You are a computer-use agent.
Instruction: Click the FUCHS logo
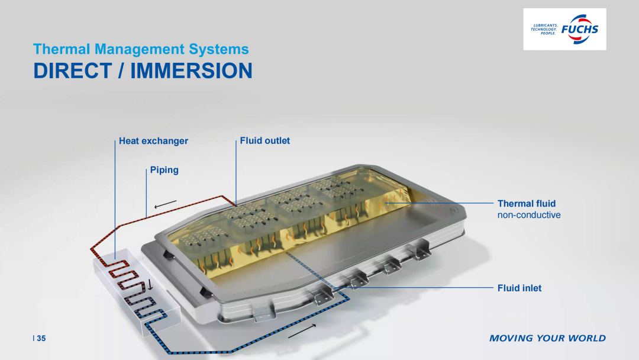pyautogui.click(x=564, y=29)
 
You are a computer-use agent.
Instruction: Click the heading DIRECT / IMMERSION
pyautogui.click(x=143, y=70)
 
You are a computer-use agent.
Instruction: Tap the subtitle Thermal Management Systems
pyautogui.click(x=141, y=49)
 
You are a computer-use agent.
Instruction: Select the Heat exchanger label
pyautogui.click(x=153, y=141)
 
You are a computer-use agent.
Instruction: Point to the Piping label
pyautogui.click(x=164, y=170)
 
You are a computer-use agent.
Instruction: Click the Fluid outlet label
pyautogui.click(x=265, y=141)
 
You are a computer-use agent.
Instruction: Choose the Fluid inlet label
pyautogui.click(x=519, y=288)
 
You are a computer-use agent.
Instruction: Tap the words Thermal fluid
pyautogui.click(x=527, y=204)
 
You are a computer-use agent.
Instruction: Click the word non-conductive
pyautogui.click(x=529, y=215)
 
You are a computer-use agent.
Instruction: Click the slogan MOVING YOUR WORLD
pyautogui.click(x=547, y=338)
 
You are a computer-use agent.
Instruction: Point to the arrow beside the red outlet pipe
pyautogui.click(x=166, y=204)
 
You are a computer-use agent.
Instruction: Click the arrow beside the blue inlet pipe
pyautogui.click(x=302, y=331)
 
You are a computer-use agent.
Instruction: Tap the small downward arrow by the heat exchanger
pyautogui.click(x=150, y=285)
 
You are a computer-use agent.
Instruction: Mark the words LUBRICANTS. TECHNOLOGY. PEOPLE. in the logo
pyautogui.click(x=544, y=30)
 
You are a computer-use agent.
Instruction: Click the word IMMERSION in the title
pyautogui.click(x=192, y=70)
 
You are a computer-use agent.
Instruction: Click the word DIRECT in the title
pyautogui.click(x=73, y=70)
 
